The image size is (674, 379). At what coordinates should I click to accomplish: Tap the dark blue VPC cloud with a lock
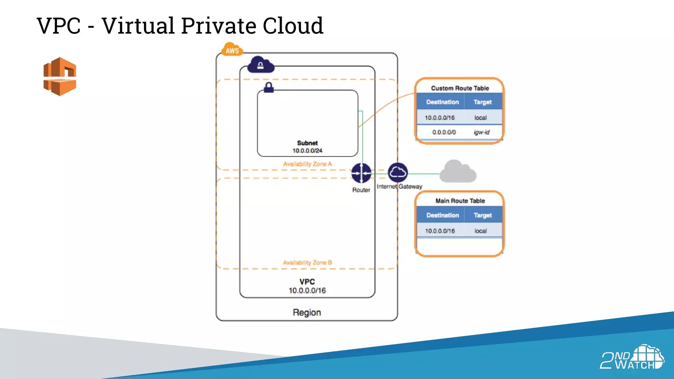(261, 64)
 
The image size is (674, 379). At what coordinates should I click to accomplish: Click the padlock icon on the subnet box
(269, 88)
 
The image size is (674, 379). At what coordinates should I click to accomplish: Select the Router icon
(361, 173)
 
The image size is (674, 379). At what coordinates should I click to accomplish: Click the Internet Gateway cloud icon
(398, 172)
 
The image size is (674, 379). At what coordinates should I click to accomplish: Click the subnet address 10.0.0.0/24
(307, 151)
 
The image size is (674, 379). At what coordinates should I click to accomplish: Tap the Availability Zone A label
(307, 164)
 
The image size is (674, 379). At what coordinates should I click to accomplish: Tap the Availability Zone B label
(307, 263)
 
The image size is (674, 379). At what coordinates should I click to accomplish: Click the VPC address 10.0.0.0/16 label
(307, 291)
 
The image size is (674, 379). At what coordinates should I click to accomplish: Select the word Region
(307, 312)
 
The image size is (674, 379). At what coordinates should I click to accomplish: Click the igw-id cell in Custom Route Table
(481, 132)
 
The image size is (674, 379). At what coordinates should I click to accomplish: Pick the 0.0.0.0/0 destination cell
(444, 132)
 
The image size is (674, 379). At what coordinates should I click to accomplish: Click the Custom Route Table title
(460, 88)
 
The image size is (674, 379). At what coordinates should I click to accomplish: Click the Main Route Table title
(460, 201)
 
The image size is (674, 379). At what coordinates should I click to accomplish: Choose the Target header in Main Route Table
(482, 215)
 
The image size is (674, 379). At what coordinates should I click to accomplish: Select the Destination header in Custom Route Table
(442, 102)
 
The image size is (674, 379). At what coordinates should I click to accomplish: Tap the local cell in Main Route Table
(480, 231)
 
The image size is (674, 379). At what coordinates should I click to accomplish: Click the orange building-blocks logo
(60, 77)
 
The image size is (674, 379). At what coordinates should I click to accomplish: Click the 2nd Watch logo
(632, 358)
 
